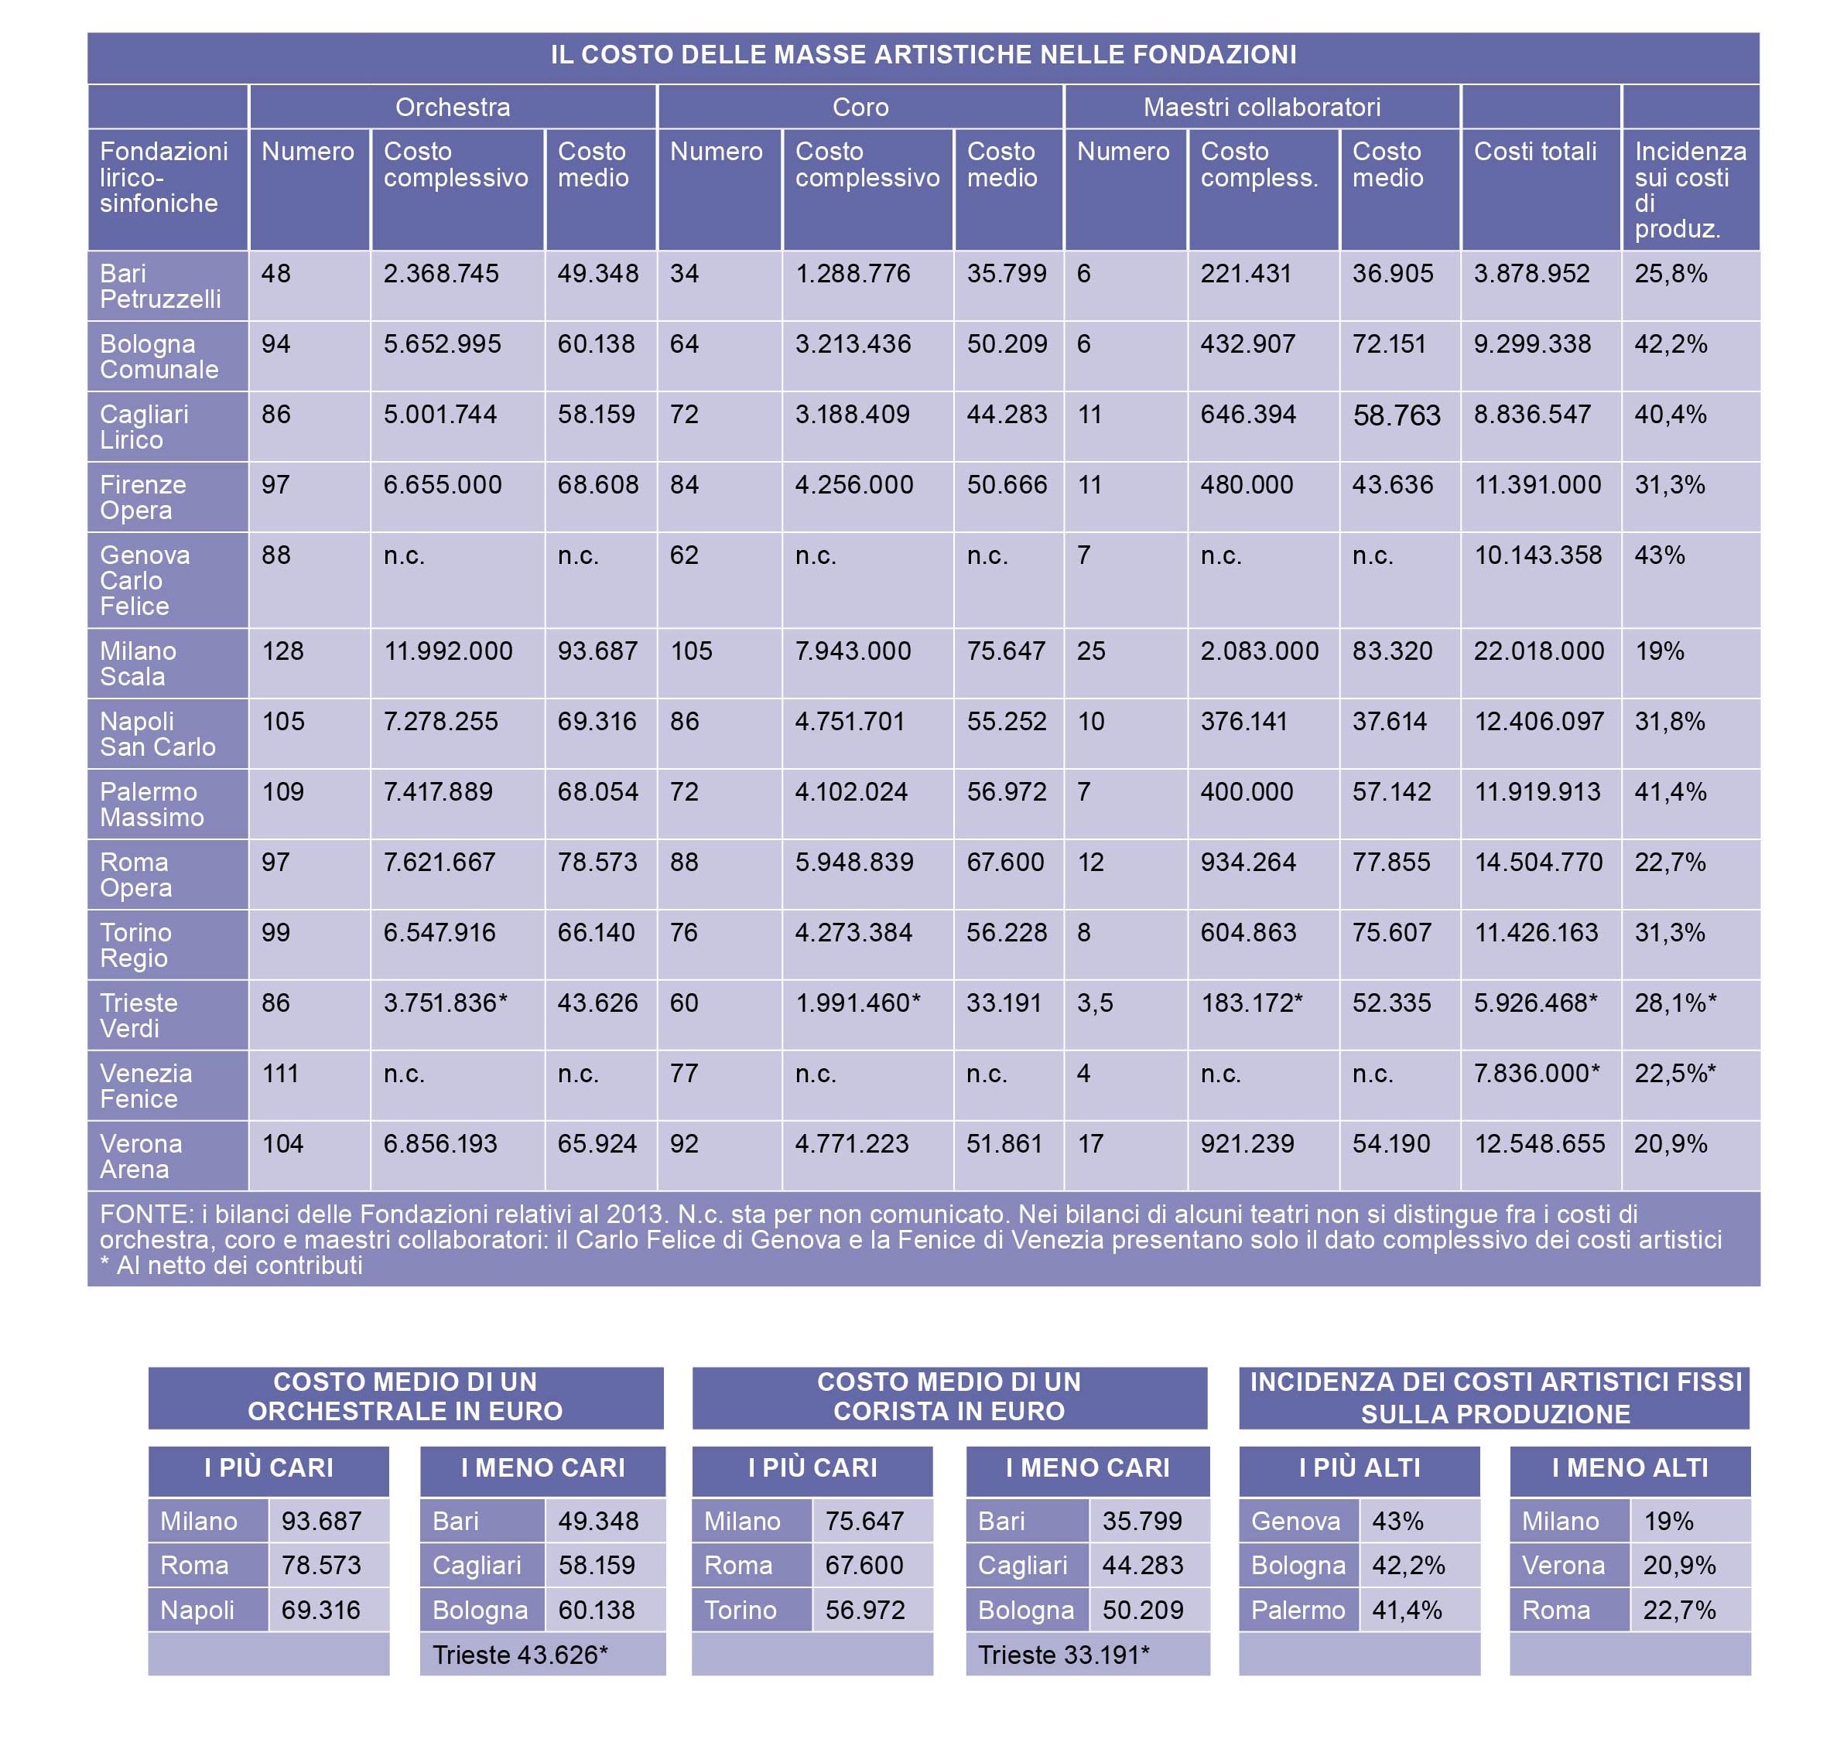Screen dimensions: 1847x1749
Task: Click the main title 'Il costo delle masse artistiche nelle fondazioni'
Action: click(x=923, y=55)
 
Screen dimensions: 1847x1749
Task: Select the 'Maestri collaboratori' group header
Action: click(x=1261, y=108)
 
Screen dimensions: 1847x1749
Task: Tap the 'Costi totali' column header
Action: click(x=1534, y=151)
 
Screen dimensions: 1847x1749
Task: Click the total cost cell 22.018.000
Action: click(x=1538, y=651)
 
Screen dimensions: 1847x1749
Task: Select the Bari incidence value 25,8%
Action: click(x=1671, y=274)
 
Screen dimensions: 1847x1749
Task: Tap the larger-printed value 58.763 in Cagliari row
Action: click(x=1397, y=415)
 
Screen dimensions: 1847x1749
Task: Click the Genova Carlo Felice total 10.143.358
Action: click(x=1537, y=555)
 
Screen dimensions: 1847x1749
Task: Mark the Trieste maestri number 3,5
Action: click(x=1095, y=1003)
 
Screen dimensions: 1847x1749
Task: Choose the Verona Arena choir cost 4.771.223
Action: click(x=851, y=1144)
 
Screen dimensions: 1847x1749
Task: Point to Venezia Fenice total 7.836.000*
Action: click(x=1537, y=1073)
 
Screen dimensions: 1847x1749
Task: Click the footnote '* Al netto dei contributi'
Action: click(x=231, y=1265)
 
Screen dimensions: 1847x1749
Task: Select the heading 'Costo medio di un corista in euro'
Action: click(x=949, y=1396)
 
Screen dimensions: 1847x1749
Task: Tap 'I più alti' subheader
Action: click(x=1360, y=1467)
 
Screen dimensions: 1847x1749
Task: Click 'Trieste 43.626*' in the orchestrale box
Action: click(x=520, y=1655)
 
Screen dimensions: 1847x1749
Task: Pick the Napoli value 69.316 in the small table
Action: click(x=321, y=1610)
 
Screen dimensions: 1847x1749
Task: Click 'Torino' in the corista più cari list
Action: click(x=741, y=1610)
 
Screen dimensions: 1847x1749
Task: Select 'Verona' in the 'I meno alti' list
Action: click(x=1564, y=1566)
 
